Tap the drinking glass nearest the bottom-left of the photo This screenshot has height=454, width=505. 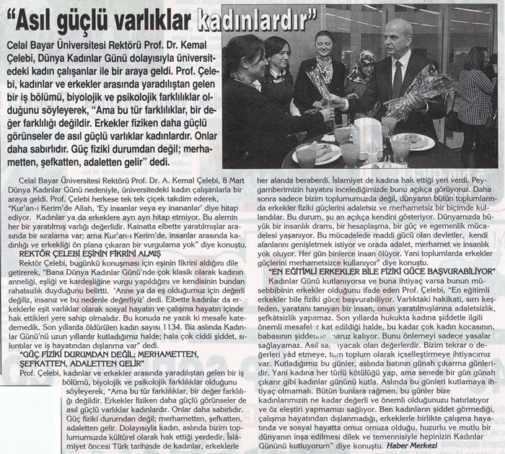307,154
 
